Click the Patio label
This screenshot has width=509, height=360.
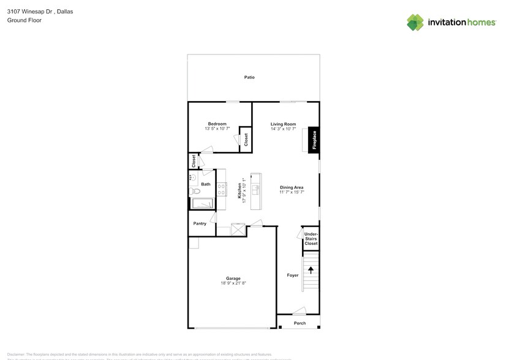pyautogui.click(x=249, y=77)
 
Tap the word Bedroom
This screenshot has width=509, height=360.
pyautogui.click(x=217, y=124)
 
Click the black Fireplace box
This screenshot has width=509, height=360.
pyautogui.click(x=314, y=140)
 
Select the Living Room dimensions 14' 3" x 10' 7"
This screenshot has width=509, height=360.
pyautogui.click(x=284, y=129)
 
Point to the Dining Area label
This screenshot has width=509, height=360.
pyautogui.click(x=292, y=187)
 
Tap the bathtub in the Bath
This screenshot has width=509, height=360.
pyautogui.click(x=202, y=204)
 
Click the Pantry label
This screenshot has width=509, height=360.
pyautogui.click(x=200, y=223)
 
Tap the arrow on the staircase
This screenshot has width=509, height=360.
pyautogui.click(x=311, y=269)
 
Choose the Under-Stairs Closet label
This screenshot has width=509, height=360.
pyautogui.click(x=311, y=239)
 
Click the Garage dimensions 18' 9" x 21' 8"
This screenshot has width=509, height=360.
pyautogui.click(x=233, y=283)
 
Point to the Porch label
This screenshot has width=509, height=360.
pyautogui.click(x=300, y=323)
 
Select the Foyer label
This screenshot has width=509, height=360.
pyautogui.click(x=293, y=276)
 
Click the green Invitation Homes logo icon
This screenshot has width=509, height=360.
pyautogui.click(x=415, y=22)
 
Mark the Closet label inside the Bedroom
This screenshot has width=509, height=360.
pyautogui.click(x=246, y=140)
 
